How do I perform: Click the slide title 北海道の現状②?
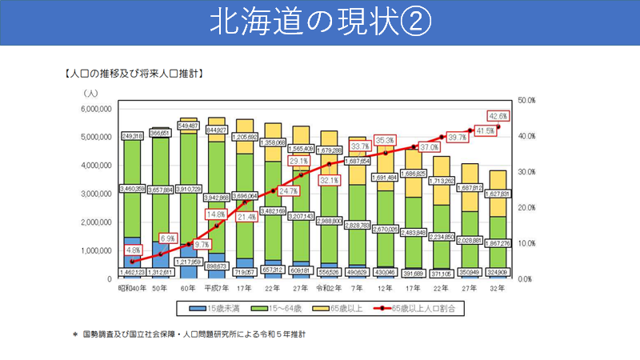[320, 22]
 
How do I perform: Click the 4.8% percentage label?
[133, 250]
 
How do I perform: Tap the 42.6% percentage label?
[498, 115]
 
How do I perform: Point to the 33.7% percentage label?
[360, 146]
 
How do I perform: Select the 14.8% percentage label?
[218, 214]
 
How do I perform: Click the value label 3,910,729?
[190, 189]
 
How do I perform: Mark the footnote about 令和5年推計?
[195, 334]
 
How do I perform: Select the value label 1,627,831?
[497, 193]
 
